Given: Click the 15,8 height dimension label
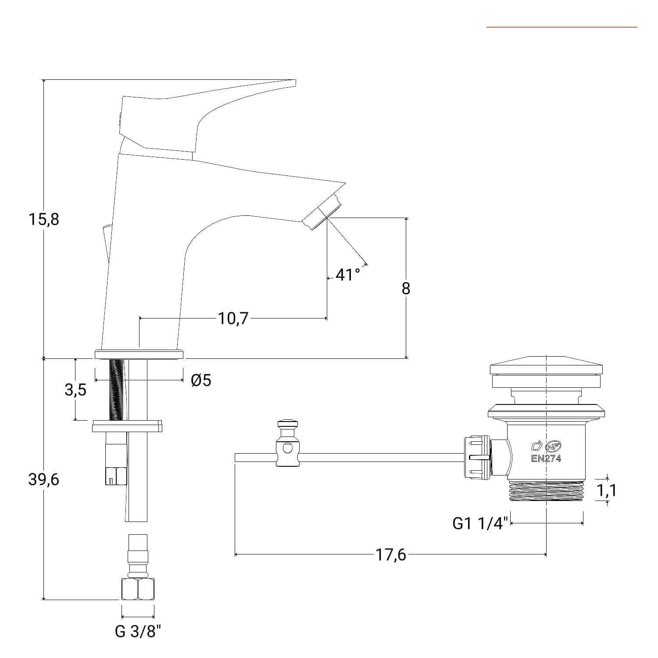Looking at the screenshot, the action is pos(44,219).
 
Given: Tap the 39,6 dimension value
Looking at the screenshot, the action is pos(44,480).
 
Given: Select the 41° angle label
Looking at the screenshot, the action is pos(347,275).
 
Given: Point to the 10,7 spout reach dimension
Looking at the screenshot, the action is pos(233,318).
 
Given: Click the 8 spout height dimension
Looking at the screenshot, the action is pos(406,289).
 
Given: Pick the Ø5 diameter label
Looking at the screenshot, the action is pos(201,380).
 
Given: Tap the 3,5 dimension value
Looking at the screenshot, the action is pos(75,390).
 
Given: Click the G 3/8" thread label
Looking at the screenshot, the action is pos(138,632).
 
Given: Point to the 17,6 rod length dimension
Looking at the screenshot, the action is pos(390,555).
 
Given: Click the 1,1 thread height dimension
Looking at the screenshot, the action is pos(606,490).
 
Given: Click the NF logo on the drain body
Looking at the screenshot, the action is pos(553,447).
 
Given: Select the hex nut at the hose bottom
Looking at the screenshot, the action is pos(138,589).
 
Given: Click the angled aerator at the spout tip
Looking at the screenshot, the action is pos(322,211).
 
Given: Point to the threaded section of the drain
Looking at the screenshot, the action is pos(547,490).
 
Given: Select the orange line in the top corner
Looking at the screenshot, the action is pos(562,27).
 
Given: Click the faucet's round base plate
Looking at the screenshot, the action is pos(139,354).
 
